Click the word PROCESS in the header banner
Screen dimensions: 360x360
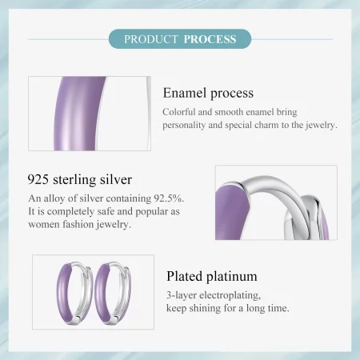pos(210,38)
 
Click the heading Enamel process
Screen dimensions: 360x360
pos(208,94)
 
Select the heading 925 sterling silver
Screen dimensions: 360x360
pos(79,178)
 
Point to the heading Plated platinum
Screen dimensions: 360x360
pos(212,277)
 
